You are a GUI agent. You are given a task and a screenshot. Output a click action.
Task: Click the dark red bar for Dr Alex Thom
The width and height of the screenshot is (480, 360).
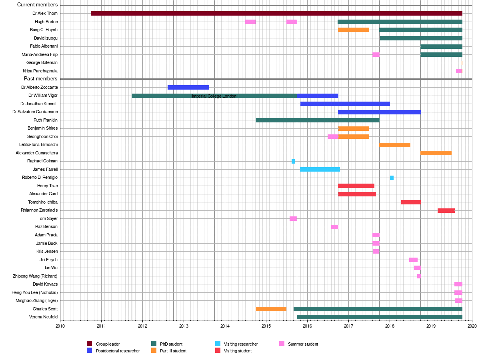tap(276, 14)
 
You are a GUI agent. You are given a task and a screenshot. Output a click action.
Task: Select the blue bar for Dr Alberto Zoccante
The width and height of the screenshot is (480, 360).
tap(188, 87)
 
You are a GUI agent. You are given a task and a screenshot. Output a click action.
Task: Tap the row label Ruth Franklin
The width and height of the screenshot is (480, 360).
tap(46, 120)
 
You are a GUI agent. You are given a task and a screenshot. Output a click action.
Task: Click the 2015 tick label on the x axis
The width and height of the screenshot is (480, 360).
tap(266, 326)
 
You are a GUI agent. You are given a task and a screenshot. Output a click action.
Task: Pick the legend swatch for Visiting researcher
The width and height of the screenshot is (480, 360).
tap(218, 344)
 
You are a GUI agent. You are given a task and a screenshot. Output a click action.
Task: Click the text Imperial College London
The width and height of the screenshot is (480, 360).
tap(214, 96)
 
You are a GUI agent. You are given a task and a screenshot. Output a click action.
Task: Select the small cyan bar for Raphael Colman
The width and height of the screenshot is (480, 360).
tap(293, 161)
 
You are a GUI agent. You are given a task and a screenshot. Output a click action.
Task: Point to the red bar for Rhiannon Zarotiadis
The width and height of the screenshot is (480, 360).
tap(446, 210)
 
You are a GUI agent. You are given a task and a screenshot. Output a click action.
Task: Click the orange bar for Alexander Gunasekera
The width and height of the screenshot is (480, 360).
tap(436, 153)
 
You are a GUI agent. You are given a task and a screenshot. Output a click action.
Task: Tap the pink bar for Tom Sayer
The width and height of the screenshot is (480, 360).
tap(293, 218)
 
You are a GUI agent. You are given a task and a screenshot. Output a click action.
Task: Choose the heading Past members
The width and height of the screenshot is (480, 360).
tap(41, 79)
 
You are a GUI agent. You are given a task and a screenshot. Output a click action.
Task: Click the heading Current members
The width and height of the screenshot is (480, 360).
tap(38, 5)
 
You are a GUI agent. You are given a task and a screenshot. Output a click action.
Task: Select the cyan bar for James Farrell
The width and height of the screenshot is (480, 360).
tap(320, 169)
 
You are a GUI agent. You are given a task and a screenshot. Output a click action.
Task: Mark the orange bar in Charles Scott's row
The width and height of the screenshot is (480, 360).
tap(271, 309)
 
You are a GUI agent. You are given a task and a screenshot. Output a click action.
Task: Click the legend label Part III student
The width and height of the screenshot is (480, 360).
tap(173, 351)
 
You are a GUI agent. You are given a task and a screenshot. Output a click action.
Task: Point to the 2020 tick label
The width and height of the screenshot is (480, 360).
tap(472, 326)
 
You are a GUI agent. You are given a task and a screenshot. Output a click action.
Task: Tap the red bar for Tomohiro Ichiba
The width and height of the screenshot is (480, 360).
tap(411, 202)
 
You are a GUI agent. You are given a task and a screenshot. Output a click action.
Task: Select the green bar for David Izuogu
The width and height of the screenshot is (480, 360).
tap(421, 38)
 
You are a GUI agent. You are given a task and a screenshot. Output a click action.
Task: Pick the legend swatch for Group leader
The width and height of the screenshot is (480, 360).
tap(90, 344)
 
